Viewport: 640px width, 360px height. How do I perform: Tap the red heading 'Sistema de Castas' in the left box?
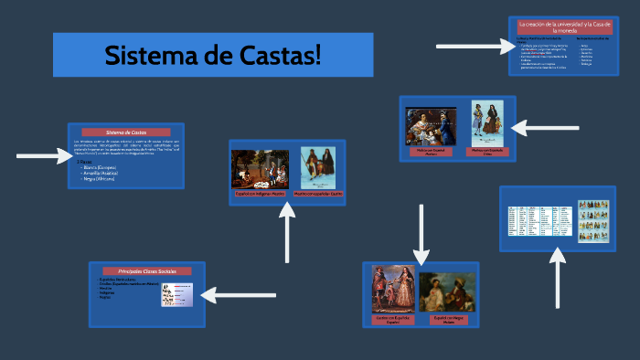coord(126,132)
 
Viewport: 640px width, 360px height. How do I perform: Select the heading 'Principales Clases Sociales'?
coord(146,271)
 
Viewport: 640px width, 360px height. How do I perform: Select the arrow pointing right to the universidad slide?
coord(469,45)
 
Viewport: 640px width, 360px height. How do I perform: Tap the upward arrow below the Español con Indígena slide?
coord(288,234)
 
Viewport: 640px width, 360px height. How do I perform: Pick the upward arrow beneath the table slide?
coord(558,279)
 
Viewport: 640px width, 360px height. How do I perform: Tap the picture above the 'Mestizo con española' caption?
coord(318,168)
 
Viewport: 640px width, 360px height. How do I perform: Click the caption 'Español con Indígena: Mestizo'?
coord(260,194)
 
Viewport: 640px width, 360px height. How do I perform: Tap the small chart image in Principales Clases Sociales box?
coord(176,294)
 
